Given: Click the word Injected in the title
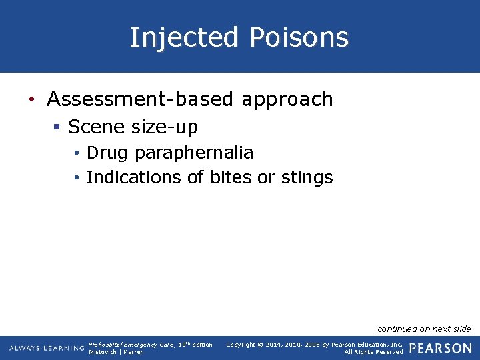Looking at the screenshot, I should click(x=183, y=37).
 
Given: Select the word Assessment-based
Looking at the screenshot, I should click(x=140, y=99).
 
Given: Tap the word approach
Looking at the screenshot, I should click(x=287, y=99).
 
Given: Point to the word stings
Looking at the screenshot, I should click(x=307, y=177).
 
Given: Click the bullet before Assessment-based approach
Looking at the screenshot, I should click(x=32, y=100).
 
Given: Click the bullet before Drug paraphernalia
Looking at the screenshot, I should click(x=78, y=153).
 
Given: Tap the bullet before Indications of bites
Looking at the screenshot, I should click(x=78, y=178).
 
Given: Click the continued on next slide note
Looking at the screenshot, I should click(x=424, y=329).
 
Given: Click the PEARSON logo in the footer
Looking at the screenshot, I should click(x=440, y=348).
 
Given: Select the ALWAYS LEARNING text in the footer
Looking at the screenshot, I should click(x=47, y=349).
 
